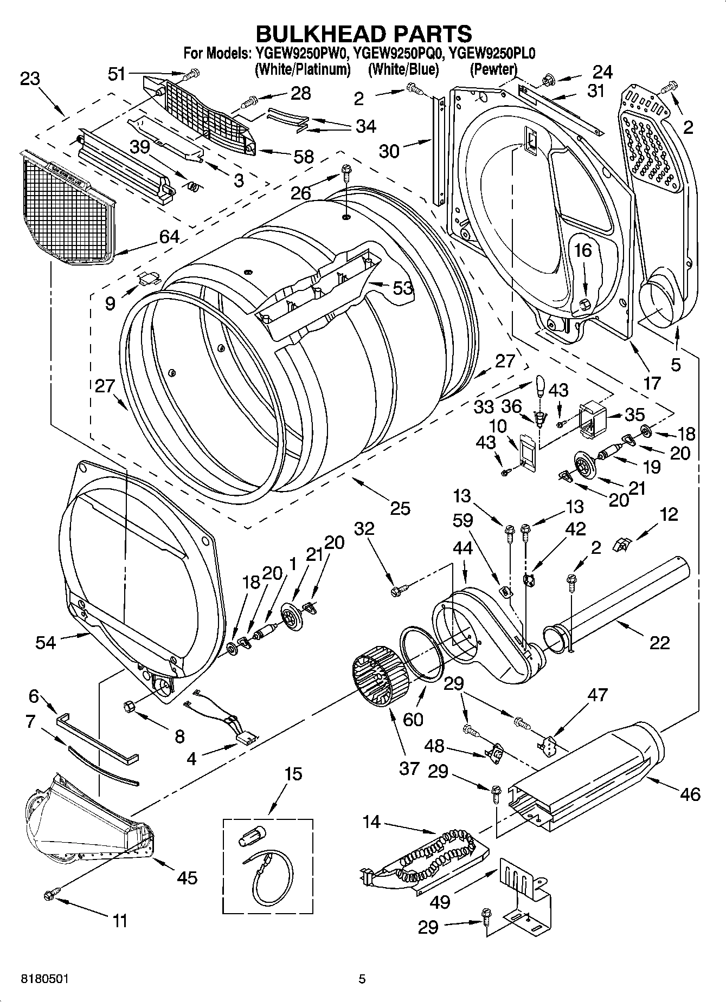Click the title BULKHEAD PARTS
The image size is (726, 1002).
(x=363, y=34)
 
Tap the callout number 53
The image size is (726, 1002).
(x=402, y=288)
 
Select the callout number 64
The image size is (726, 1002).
(x=169, y=236)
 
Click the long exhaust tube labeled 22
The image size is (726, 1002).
(x=624, y=602)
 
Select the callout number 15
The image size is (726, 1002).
(x=293, y=773)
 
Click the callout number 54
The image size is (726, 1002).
(x=46, y=642)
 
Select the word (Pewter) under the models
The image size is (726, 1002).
(x=493, y=69)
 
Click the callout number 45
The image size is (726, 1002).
(x=187, y=877)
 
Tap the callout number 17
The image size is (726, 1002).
(x=652, y=383)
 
